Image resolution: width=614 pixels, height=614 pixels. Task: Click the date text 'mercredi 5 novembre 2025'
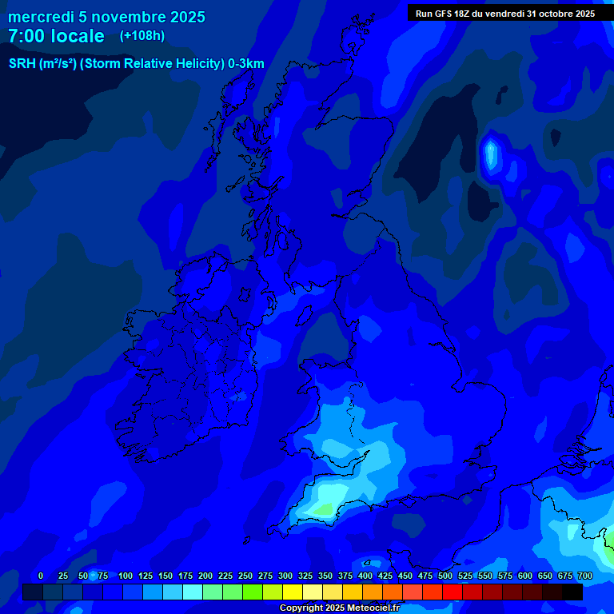(106, 17)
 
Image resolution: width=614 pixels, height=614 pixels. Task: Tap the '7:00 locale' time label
(56, 36)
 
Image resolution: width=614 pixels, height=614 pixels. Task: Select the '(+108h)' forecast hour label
(142, 36)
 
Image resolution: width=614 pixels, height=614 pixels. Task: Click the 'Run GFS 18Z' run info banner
(504, 14)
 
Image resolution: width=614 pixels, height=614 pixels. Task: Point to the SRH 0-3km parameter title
(136, 64)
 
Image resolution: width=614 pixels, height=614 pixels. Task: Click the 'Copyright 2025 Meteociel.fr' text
(339, 608)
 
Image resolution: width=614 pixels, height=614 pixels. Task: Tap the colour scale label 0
(41, 576)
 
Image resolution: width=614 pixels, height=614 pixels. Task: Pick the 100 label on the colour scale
(126, 576)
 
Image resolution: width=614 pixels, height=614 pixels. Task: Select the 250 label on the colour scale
(245, 576)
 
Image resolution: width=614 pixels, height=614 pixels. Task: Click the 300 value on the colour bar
(285, 576)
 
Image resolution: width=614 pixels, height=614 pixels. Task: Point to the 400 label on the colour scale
(365, 576)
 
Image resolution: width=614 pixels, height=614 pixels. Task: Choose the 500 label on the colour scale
(445, 576)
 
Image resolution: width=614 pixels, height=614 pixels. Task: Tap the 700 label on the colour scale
(585, 576)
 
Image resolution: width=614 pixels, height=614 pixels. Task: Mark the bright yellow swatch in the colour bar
(293, 592)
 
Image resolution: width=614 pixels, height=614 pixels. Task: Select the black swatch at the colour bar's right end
(572, 592)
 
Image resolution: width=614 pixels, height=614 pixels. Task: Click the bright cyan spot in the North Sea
(490, 153)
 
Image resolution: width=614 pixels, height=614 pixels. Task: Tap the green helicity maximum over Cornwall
(324, 508)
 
